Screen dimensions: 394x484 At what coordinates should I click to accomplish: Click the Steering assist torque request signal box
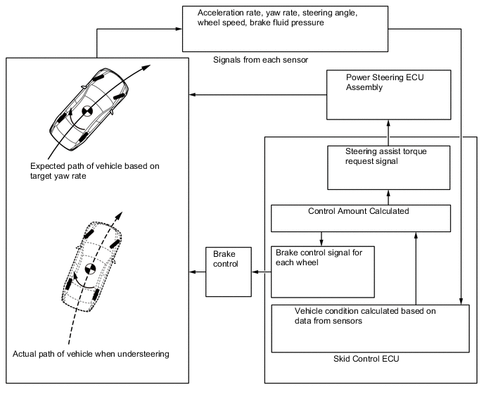(x=388, y=167)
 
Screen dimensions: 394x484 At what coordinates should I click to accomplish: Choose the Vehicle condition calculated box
(x=369, y=328)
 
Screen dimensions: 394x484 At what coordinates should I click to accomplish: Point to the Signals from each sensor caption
(x=260, y=60)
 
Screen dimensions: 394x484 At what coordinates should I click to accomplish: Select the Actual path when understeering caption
(x=91, y=354)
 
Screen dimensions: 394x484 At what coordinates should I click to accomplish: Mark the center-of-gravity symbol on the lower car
(x=90, y=267)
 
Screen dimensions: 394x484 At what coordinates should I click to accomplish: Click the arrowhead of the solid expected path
(x=147, y=65)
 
